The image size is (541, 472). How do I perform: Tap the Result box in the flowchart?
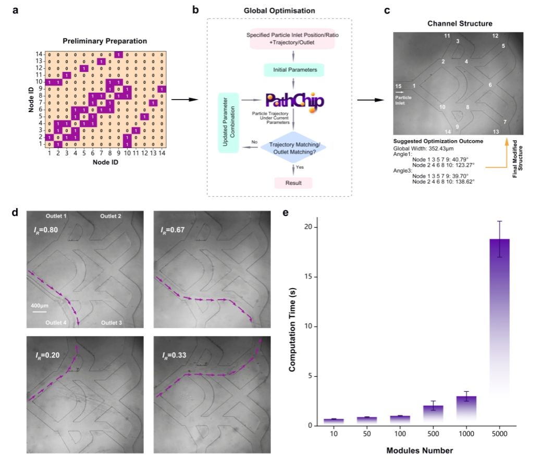(x=293, y=183)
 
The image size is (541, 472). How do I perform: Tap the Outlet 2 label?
(x=110, y=216)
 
